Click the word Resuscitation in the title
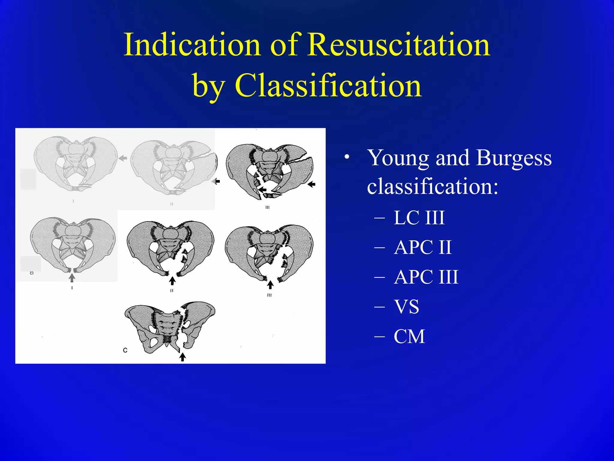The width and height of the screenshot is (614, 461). [x=399, y=45]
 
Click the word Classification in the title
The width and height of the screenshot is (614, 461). [x=328, y=86]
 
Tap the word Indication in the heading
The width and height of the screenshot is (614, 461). [x=192, y=45]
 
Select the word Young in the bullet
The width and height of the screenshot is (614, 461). [x=399, y=158]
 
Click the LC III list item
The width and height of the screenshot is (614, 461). [x=419, y=218]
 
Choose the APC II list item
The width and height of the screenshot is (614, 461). [x=423, y=247]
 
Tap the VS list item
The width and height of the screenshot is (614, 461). [x=407, y=307]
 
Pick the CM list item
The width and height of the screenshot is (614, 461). [x=410, y=336]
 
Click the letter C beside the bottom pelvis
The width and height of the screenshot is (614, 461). [x=125, y=350]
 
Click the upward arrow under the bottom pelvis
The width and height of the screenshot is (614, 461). [x=183, y=357]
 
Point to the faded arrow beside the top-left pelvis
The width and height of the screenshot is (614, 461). [x=123, y=158]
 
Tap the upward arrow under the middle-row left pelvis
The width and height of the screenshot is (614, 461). [x=72, y=278]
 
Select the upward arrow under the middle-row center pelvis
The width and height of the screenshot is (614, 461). [x=172, y=281]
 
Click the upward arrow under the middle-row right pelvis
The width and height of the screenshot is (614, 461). [x=270, y=285]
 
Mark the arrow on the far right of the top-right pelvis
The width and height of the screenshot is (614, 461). [x=312, y=184]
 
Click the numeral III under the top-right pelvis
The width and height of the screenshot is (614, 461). [x=267, y=207]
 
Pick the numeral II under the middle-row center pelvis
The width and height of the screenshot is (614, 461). [x=172, y=291]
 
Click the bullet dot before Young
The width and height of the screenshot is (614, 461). [x=347, y=157]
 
